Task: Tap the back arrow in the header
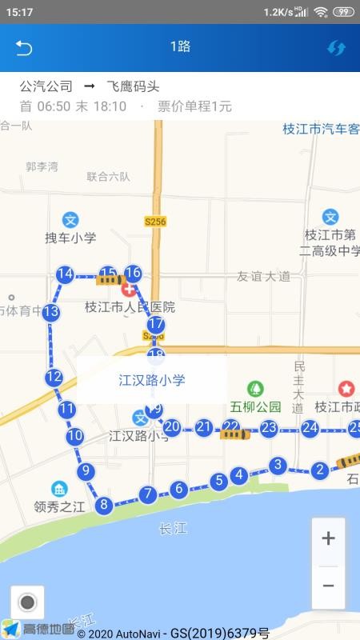[x=23, y=47]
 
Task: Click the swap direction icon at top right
[x=336, y=47]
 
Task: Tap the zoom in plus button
[x=328, y=538]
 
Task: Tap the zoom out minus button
[x=328, y=585]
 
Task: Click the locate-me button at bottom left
[x=28, y=602]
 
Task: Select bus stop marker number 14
[x=65, y=274]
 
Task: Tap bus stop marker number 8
[x=102, y=505]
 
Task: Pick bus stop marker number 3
[x=278, y=465]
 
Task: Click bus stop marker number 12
[x=54, y=377]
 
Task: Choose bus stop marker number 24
[x=310, y=429]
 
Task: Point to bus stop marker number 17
[x=156, y=325]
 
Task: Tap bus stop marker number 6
[x=178, y=488]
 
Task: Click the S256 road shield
[x=155, y=221]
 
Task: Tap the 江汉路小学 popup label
[x=152, y=380]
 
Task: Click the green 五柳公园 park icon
[x=255, y=389]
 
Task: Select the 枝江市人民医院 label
[x=130, y=307]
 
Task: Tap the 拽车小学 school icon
[x=70, y=219]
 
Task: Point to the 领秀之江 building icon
[x=59, y=489]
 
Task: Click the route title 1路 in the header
[x=180, y=46]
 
